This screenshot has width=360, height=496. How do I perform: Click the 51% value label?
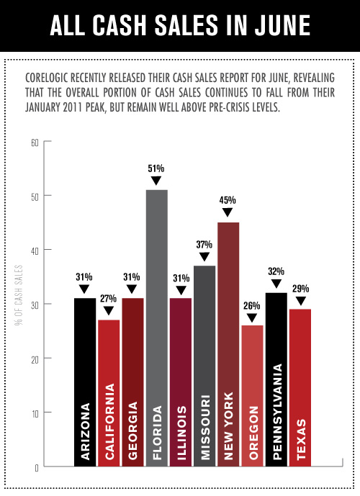tap(156, 168)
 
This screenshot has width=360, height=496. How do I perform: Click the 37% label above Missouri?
tap(204, 244)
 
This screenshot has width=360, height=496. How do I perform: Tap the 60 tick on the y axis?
tap(34, 142)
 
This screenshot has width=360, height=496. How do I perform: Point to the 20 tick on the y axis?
tap(34, 359)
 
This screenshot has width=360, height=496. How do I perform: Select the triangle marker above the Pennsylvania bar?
tap(276, 285)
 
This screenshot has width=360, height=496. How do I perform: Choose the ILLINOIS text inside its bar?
tap(180, 429)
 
